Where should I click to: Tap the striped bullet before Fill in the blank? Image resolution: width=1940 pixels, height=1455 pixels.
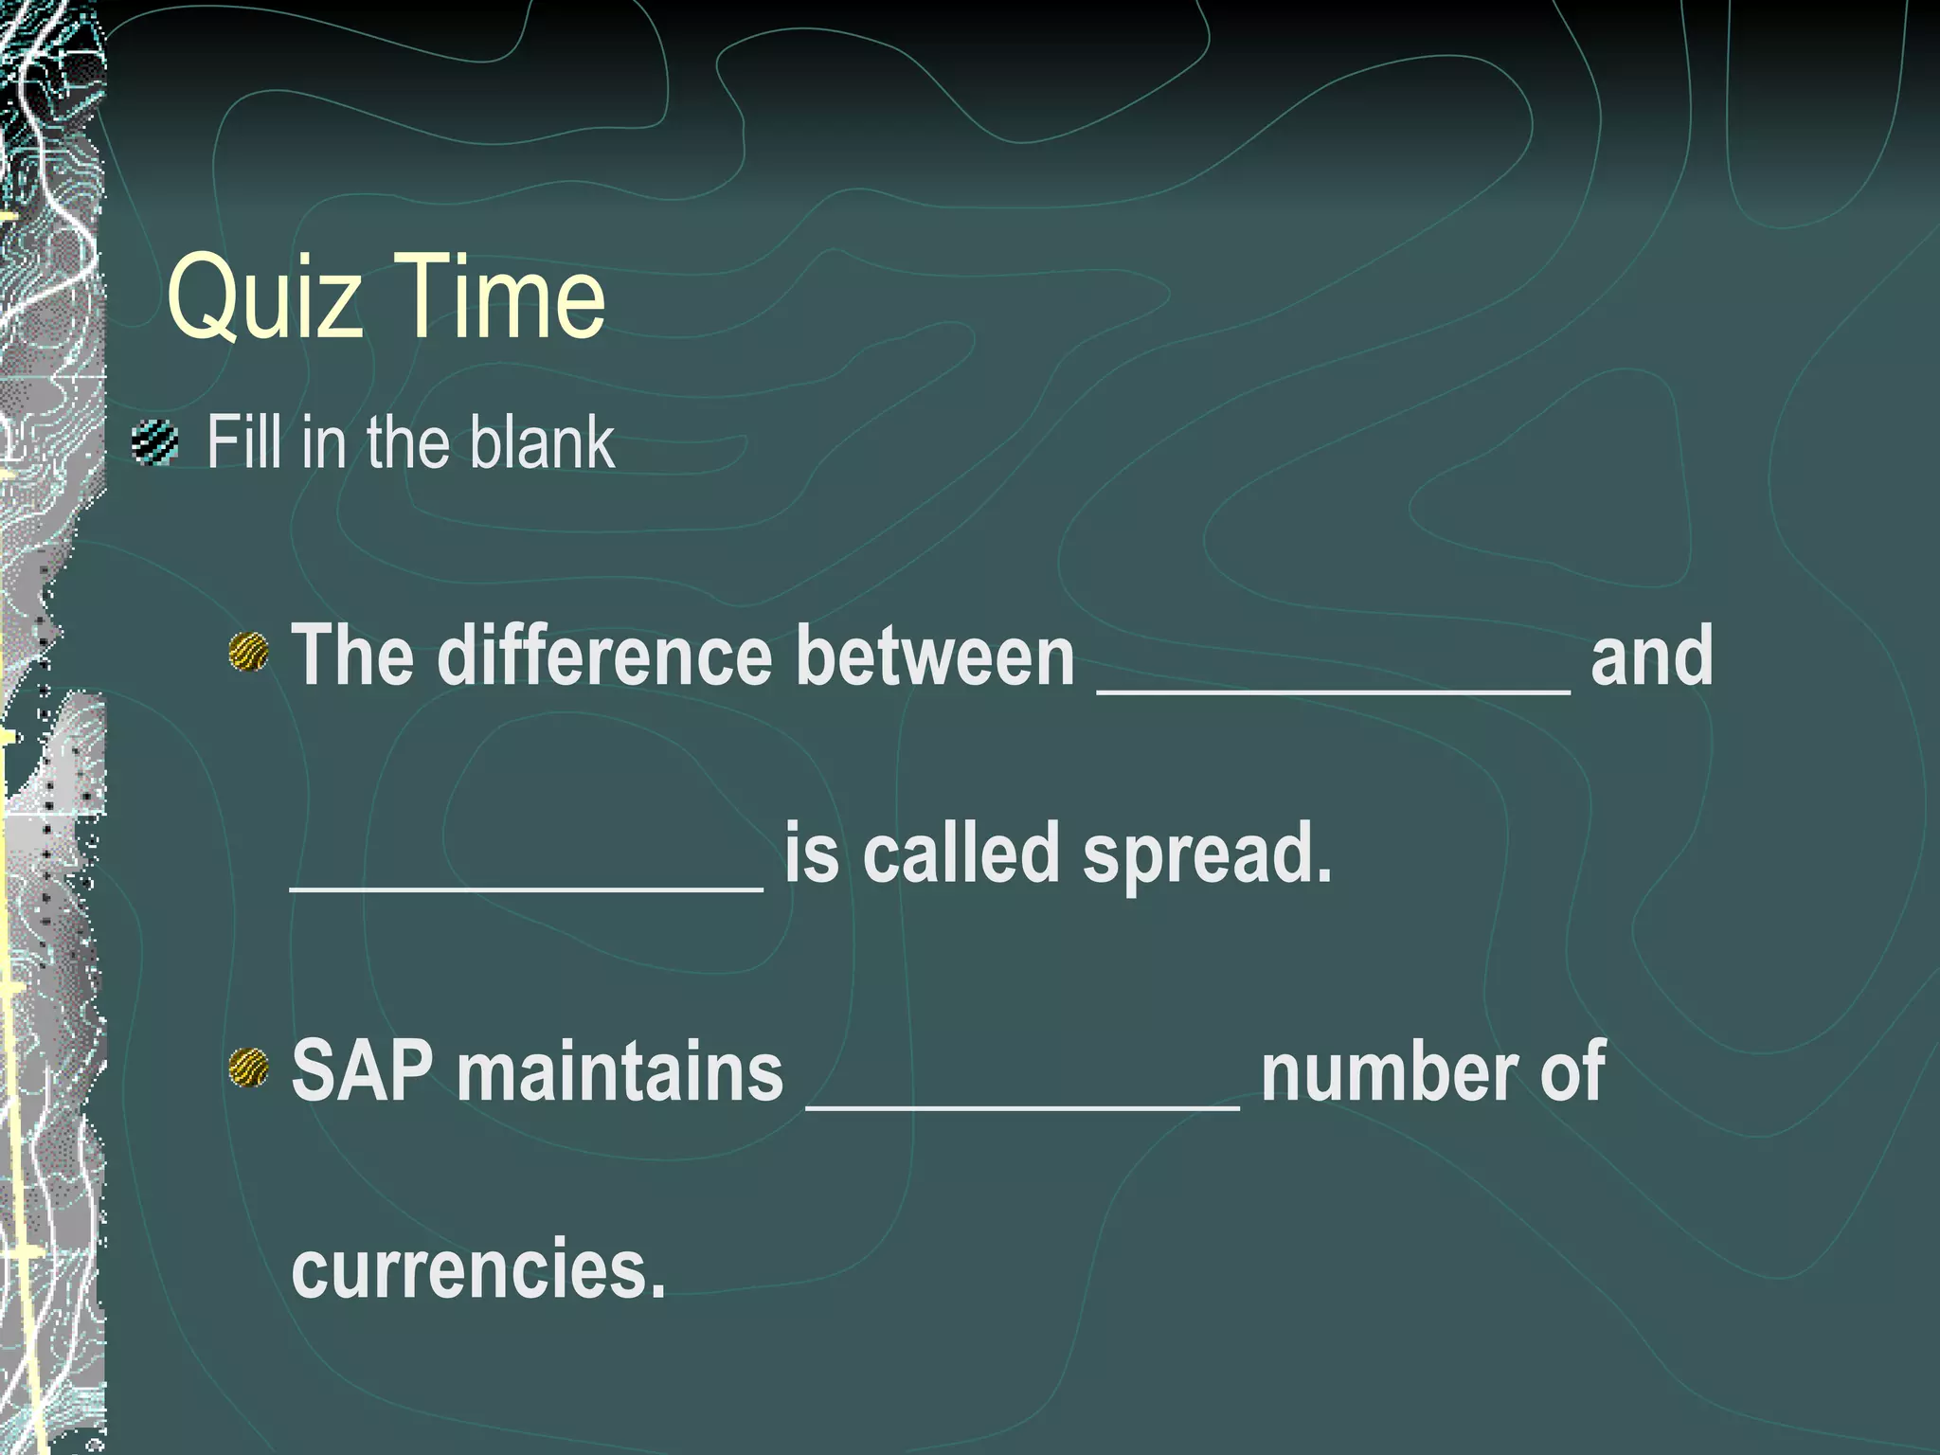click(x=155, y=442)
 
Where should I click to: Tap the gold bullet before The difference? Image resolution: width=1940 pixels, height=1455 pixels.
click(x=249, y=653)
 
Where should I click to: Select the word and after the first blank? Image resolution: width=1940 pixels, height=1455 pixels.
click(x=1651, y=656)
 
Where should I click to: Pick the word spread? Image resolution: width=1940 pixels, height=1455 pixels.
click(x=1207, y=854)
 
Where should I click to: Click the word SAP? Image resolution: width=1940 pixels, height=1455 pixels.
click(x=362, y=1070)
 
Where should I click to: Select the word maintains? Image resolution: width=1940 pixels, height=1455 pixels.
click(x=620, y=1070)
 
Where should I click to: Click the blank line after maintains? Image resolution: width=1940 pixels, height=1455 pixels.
click(x=1022, y=1105)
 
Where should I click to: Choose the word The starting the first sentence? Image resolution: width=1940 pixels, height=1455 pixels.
click(x=351, y=656)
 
